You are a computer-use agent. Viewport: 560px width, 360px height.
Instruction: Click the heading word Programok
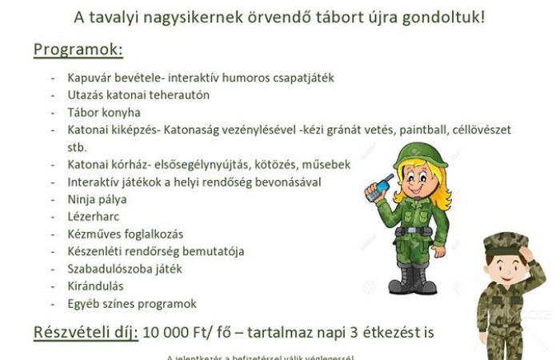[x=78, y=50]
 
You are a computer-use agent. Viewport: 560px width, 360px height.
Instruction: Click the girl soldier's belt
[x=414, y=231]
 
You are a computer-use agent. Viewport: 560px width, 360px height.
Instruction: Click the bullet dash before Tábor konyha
[x=53, y=113]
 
